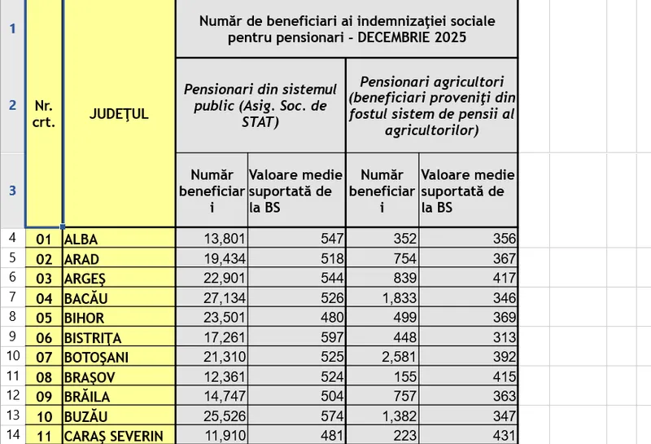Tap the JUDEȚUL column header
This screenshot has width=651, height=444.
coord(119,114)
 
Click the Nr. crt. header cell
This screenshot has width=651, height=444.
coord(44,114)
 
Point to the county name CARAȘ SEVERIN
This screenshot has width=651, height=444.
coord(113,436)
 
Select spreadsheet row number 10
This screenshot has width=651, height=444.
coord(12,357)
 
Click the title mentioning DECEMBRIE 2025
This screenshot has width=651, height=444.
coord(347,29)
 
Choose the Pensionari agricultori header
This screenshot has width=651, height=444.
coord(431,105)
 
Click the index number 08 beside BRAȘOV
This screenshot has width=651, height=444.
coord(44,377)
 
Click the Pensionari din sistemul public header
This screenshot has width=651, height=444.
coord(260,105)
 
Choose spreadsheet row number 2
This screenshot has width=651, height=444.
coord(12,105)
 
